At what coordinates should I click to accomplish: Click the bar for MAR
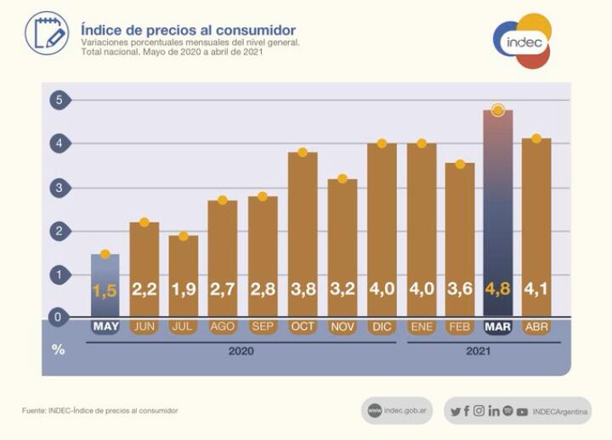[x=497, y=212]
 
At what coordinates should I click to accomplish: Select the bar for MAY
[x=105, y=285]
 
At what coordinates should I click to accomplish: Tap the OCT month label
[x=303, y=327]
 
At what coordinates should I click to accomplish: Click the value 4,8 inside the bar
[x=497, y=290]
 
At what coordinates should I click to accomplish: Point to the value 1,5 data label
[x=105, y=291]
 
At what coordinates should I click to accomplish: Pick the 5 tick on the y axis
[x=59, y=100]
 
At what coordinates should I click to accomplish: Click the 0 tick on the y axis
[x=59, y=318]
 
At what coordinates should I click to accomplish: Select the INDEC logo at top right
[x=522, y=41]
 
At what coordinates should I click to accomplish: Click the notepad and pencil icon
[x=46, y=33]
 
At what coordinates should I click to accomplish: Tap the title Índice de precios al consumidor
[x=188, y=31]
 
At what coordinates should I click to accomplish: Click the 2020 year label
[x=241, y=350]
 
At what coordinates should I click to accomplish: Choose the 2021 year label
[x=479, y=350]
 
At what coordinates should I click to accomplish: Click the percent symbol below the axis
[x=58, y=349]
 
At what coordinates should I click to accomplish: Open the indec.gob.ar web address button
[x=397, y=410]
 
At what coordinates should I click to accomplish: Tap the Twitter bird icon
[x=456, y=411]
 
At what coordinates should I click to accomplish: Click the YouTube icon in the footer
[x=522, y=411]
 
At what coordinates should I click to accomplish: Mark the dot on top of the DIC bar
[x=382, y=144]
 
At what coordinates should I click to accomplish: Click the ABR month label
[x=536, y=327]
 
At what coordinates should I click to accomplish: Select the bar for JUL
[x=183, y=276]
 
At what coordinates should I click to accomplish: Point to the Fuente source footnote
[x=99, y=411]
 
